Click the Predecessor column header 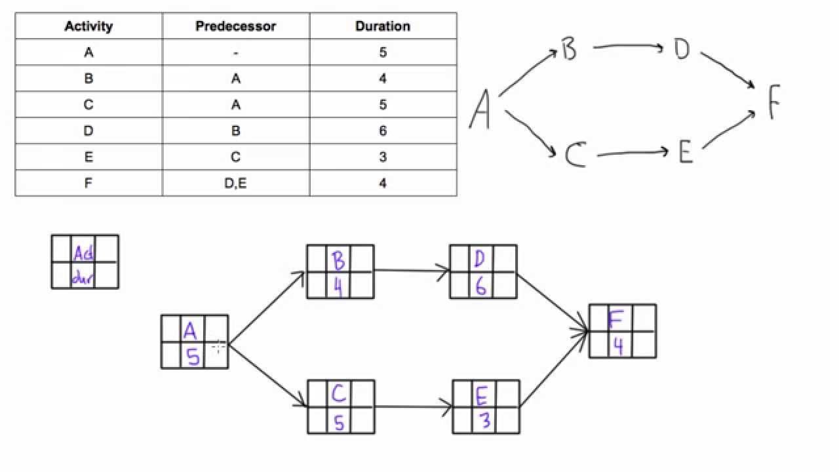click(235, 26)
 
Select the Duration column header click(383, 26)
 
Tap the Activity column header click(88, 26)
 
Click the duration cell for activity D click(383, 131)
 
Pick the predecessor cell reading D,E click(235, 184)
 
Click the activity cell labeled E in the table click(88, 157)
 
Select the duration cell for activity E click(383, 157)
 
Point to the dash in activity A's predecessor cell click(235, 52)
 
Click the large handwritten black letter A click(480, 109)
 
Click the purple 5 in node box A click(193, 357)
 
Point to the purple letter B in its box click(339, 261)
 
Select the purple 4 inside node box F click(617, 346)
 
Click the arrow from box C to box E click(413, 406)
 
